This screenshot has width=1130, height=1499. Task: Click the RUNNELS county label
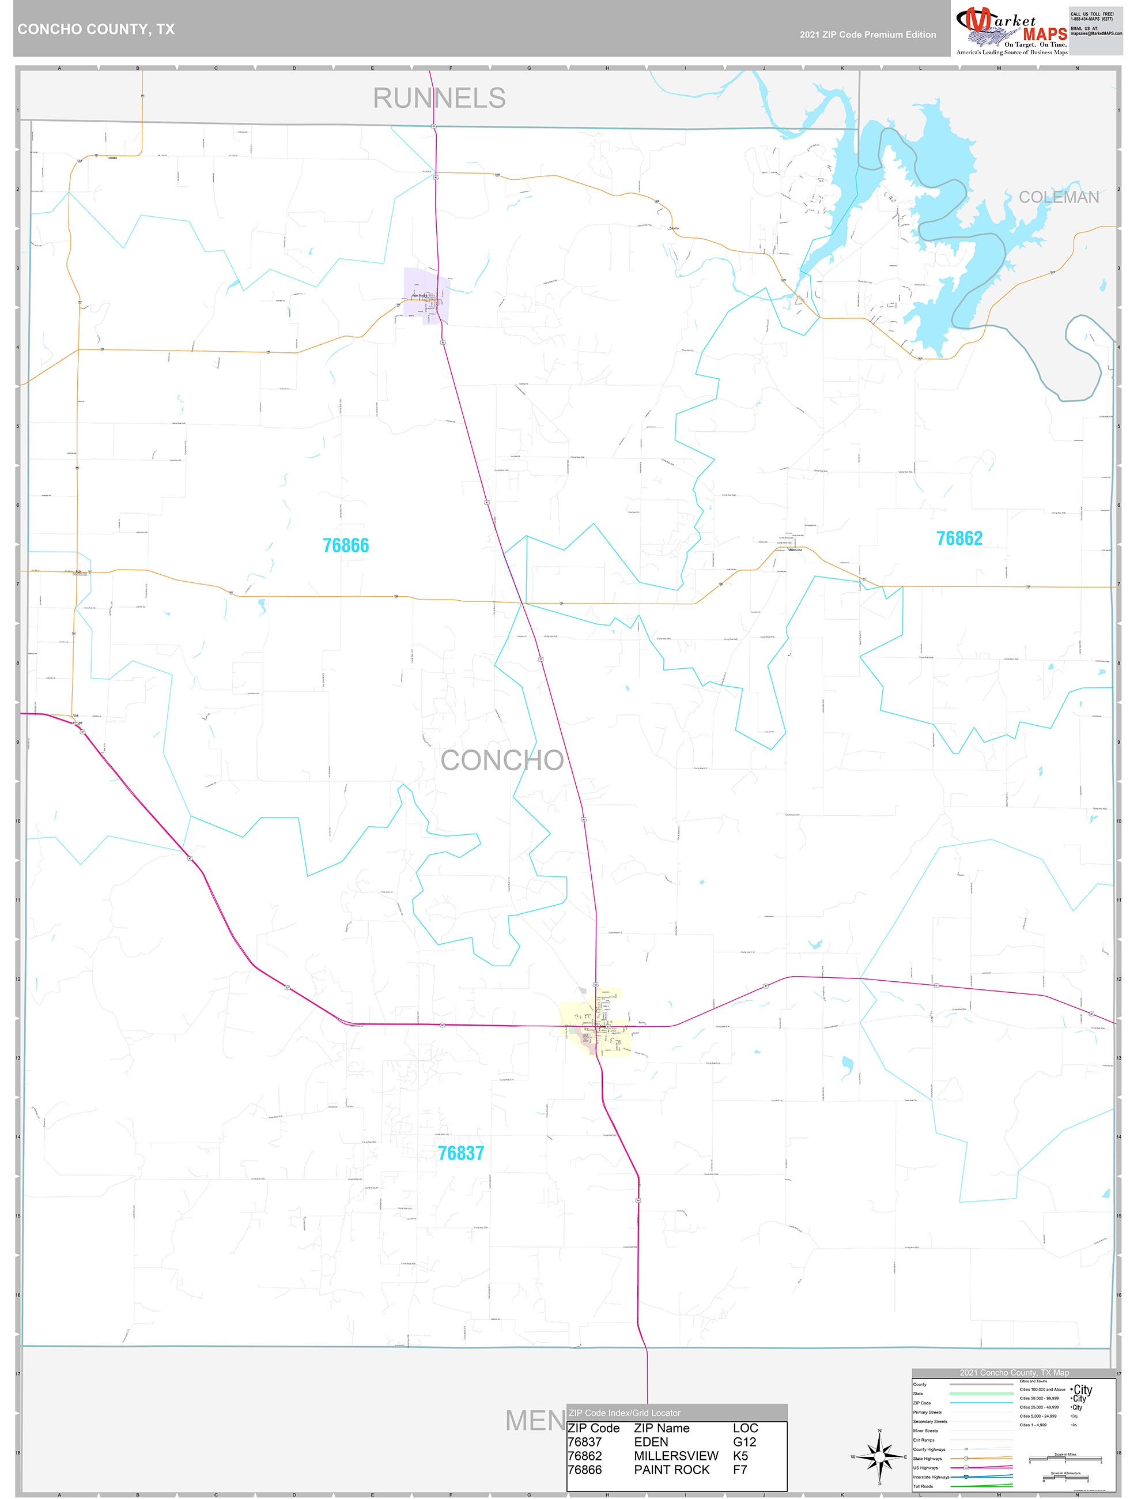tap(439, 98)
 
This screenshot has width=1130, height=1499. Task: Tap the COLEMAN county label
tap(1058, 197)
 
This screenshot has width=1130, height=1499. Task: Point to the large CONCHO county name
tap(502, 760)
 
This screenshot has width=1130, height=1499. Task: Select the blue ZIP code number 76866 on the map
tap(346, 545)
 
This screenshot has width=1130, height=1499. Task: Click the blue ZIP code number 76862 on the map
tap(959, 538)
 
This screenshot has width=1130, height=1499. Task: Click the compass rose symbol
tap(879, 1456)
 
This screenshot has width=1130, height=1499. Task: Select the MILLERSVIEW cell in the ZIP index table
tap(675, 1456)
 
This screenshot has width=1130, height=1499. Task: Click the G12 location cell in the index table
tap(744, 1441)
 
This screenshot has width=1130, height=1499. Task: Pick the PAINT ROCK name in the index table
tap(671, 1470)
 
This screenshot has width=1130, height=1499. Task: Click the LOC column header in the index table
tap(744, 1428)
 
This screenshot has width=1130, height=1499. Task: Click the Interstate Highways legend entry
tap(931, 1477)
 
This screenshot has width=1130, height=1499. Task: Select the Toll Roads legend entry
tap(923, 1486)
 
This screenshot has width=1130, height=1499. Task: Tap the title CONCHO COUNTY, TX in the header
tap(96, 29)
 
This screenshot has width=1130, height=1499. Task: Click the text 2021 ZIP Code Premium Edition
tap(867, 35)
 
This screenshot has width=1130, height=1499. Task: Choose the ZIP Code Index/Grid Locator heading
tap(625, 1413)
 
